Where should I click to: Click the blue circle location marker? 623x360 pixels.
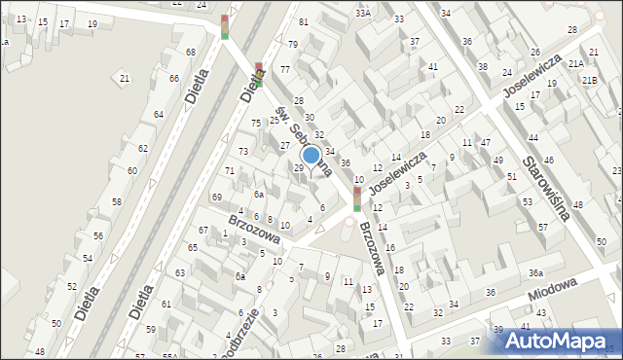[311, 154]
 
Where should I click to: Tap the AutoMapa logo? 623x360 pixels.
[555, 342]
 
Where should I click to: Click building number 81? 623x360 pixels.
[304, 21]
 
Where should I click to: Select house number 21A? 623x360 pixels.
[576, 64]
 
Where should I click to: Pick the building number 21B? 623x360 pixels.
[590, 79]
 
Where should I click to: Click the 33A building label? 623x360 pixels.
[363, 13]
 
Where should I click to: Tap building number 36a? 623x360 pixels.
[535, 272]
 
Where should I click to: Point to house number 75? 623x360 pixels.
[256, 123]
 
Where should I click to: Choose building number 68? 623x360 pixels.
[190, 52]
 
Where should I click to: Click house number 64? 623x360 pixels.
[159, 114]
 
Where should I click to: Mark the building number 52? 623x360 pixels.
[71, 287]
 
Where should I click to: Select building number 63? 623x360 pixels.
[179, 272]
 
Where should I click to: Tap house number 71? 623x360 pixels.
[230, 171]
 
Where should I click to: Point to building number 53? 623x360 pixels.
[527, 202]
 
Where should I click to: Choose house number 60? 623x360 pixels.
[131, 170]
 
